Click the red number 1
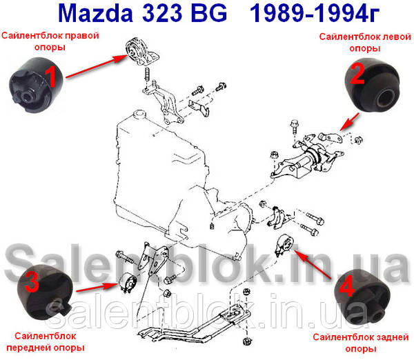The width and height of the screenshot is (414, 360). pyautogui.click(x=51, y=77)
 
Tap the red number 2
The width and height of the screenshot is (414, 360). pyautogui.click(x=357, y=73)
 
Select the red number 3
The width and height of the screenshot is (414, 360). pyautogui.click(x=32, y=281)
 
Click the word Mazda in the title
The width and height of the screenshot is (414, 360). pyautogui.click(x=95, y=13)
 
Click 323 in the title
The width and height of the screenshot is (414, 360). pyautogui.click(x=162, y=13)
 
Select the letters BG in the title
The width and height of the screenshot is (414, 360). pyautogui.click(x=208, y=13)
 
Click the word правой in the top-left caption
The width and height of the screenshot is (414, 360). pyautogui.click(x=82, y=36)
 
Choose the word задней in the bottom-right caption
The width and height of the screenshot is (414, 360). pyautogui.click(x=393, y=337)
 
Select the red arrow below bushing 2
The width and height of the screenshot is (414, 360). pyautogui.click(x=349, y=121)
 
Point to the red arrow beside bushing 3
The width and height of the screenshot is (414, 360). pyautogui.click(x=97, y=288)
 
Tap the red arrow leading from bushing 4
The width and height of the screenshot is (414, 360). pyautogui.click(x=312, y=265)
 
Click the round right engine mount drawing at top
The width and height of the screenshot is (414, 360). pyautogui.click(x=136, y=52)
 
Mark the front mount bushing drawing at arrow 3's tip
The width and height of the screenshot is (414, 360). pyautogui.click(x=128, y=282)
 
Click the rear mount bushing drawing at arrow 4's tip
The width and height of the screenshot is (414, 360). pyautogui.click(x=285, y=244)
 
